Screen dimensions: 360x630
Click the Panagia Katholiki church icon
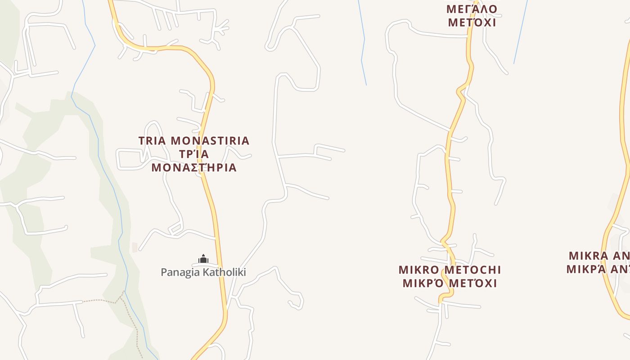(203, 259)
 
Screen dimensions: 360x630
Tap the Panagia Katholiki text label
(203, 272)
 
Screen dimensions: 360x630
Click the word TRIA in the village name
(152, 141)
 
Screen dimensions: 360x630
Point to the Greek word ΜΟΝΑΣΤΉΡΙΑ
(194, 168)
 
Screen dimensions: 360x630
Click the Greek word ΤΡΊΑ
(194, 154)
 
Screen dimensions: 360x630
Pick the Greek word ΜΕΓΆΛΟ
(472, 9)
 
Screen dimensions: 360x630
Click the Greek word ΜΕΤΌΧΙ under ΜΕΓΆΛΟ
(472, 22)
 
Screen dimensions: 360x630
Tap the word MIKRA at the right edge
(588, 256)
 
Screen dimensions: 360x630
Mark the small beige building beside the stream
(135, 247)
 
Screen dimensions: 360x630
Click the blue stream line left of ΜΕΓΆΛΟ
(364, 45)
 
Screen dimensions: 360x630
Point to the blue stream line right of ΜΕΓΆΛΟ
(521, 31)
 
